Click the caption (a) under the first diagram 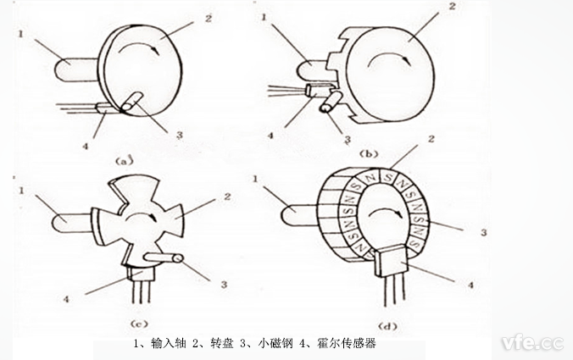pos(125,158)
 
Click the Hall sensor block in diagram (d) pos(391,258)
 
